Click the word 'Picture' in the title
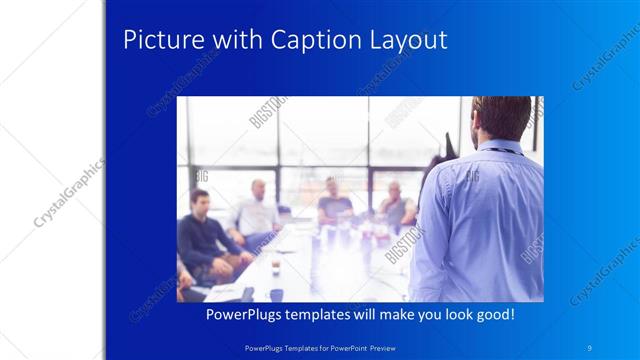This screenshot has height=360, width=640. click(158, 40)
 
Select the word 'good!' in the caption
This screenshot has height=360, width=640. click(493, 314)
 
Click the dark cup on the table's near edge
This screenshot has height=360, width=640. click(275, 294)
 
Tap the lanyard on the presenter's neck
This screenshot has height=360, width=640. click(506, 149)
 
